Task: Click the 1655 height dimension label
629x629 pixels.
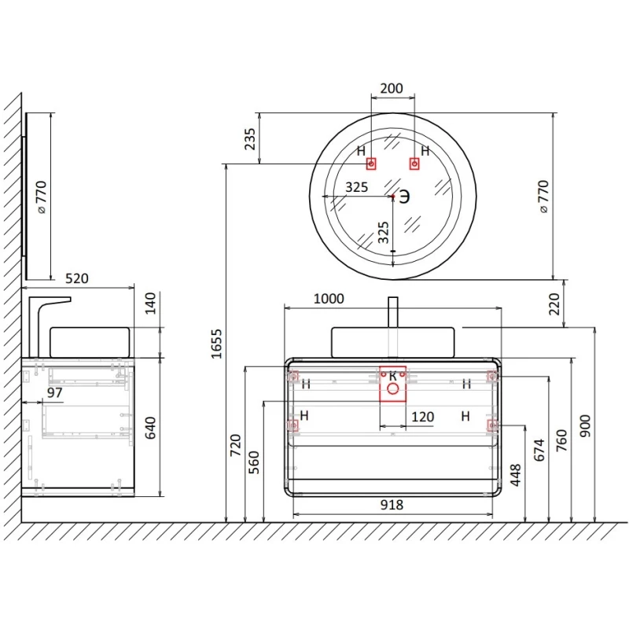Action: (216, 344)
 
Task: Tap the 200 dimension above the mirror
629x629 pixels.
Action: (392, 88)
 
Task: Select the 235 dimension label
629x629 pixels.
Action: (250, 139)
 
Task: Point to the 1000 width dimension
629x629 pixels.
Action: (329, 299)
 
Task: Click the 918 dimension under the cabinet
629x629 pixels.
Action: (392, 505)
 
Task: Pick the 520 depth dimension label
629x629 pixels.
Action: (76, 278)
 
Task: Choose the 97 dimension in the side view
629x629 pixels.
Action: (54, 392)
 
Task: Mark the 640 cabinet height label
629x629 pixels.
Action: (150, 428)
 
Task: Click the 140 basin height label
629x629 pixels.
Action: (150, 303)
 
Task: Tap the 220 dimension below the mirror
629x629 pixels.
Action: (554, 304)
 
